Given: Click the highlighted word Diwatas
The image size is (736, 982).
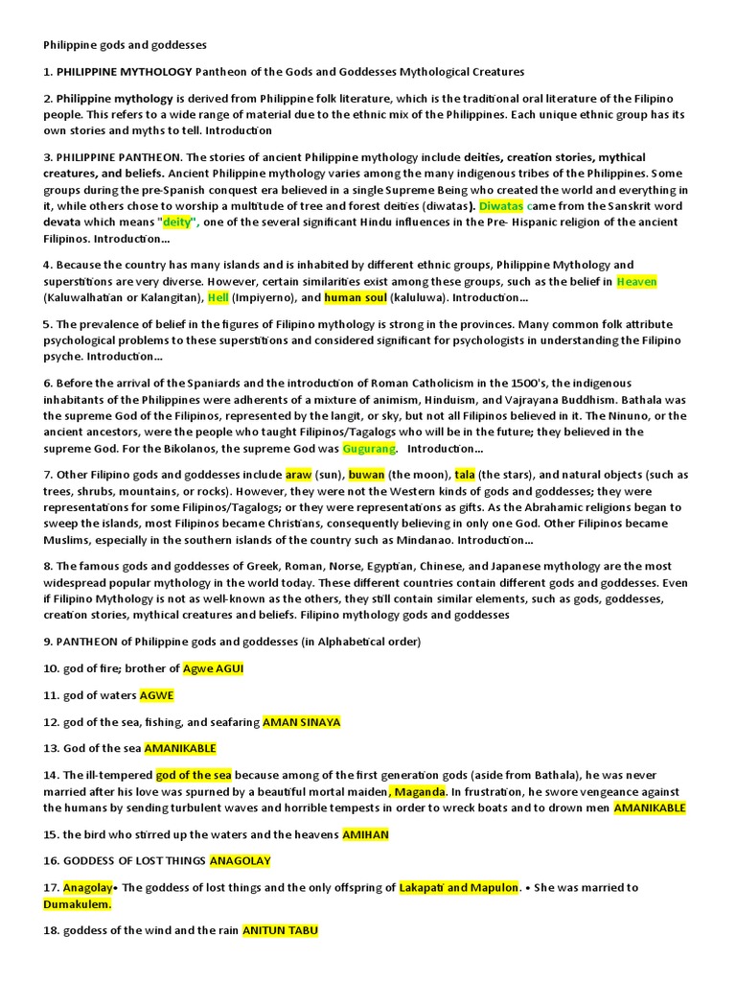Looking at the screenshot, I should (500, 205).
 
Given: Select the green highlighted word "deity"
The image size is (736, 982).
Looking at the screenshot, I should (177, 222).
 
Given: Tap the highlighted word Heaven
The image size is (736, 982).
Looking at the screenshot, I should (636, 281).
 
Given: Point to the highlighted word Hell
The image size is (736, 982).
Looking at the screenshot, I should (218, 297).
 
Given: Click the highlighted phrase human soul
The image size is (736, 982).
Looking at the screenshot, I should (356, 297).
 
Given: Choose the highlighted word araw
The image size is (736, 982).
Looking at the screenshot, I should (298, 475).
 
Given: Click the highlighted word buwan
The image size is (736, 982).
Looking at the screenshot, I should (365, 475).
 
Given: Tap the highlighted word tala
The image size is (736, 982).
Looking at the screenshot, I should (465, 475).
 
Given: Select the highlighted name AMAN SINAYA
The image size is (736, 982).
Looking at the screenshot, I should (301, 722).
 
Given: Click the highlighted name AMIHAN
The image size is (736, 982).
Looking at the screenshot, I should (365, 834).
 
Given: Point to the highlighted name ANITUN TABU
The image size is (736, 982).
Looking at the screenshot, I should (280, 930).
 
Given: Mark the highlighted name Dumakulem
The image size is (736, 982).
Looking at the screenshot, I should (77, 903).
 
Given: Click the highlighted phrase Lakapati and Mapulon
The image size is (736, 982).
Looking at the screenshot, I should (459, 887).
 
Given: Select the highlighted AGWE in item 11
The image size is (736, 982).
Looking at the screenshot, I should (156, 695).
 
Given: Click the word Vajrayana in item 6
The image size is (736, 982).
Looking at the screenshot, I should (528, 399).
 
